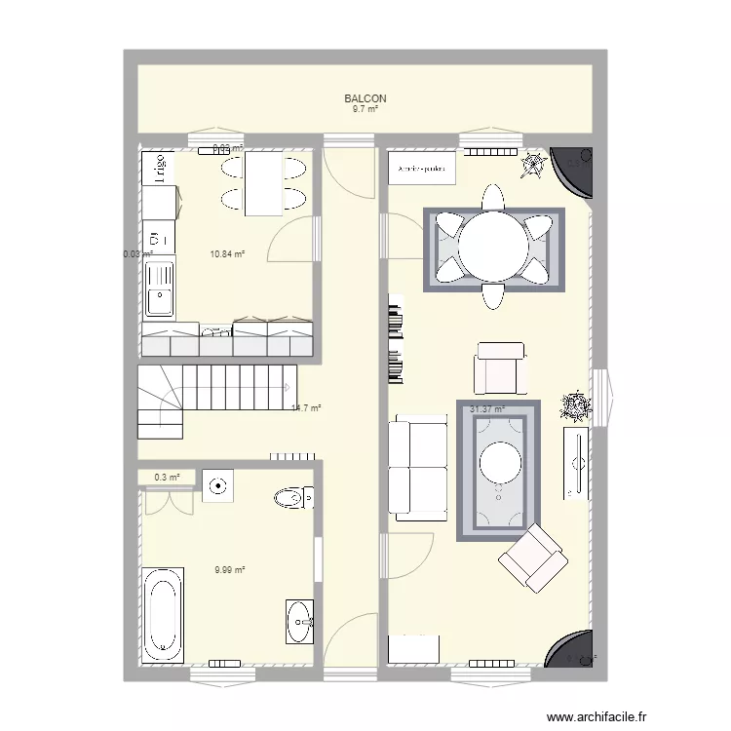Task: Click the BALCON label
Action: click(x=365, y=98)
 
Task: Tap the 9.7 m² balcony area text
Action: click(x=365, y=109)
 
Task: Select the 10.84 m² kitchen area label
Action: click(x=226, y=254)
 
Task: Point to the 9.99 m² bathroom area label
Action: click(x=229, y=570)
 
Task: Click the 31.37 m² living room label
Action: click(x=487, y=410)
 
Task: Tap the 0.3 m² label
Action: click(x=167, y=477)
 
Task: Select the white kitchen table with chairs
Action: click(x=262, y=184)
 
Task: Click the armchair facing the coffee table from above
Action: click(x=501, y=367)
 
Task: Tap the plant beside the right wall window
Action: click(x=575, y=404)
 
